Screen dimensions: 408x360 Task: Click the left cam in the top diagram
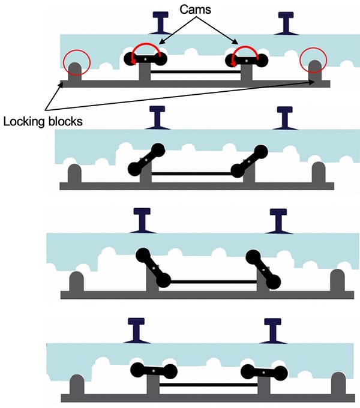click(145, 59)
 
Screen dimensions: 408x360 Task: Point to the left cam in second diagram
click(145, 160)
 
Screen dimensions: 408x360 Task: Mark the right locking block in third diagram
click(337, 280)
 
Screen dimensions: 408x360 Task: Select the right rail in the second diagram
click(283, 118)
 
